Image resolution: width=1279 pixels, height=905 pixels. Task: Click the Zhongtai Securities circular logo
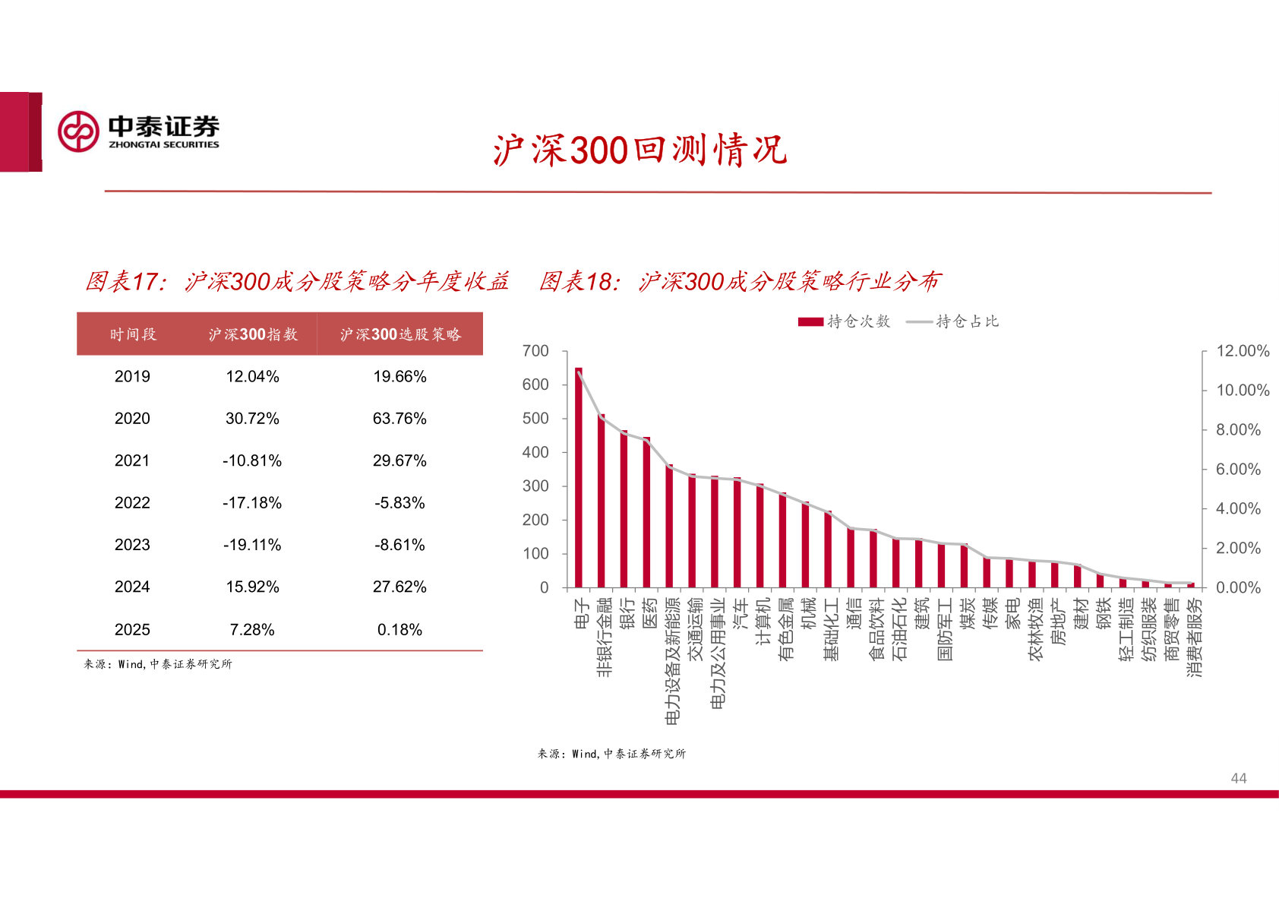coord(78,131)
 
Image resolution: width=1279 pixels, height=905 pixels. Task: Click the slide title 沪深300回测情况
coord(639,150)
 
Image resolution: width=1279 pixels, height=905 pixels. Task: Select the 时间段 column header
coord(133,334)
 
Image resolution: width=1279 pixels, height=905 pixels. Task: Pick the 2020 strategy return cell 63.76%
coord(399,419)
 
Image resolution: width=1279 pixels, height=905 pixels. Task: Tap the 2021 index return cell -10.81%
coord(252,460)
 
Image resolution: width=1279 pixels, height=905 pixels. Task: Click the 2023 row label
coord(132,545)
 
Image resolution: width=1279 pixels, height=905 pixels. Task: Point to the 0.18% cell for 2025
coord(399,629)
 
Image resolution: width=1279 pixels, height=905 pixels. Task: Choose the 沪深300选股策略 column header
coord(400,334)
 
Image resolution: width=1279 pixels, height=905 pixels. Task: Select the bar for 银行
coord(624,509)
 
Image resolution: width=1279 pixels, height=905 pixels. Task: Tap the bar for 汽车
coord(737,532)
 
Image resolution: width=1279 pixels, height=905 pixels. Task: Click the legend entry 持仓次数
coord(844,321)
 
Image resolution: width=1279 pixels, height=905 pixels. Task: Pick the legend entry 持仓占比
coord(953,321)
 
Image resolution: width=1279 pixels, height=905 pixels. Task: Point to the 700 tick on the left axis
coord(535,351)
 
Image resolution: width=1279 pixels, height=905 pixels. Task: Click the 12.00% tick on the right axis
coord(1243,351)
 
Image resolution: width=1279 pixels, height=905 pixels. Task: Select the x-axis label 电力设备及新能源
coord(672,660)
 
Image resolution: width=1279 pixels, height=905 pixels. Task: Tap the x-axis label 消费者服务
coord(1195,637)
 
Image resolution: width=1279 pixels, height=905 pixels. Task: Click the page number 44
coord(1238,778)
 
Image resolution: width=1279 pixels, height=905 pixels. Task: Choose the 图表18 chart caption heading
coord(740,282)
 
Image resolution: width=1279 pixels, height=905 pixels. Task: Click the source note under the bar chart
coord(611,754)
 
